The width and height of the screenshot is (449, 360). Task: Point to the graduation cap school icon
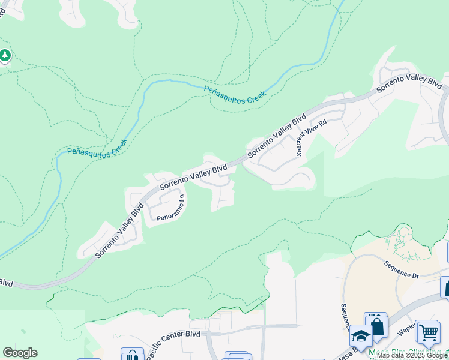pos(361,337)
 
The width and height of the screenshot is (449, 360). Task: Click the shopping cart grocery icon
pos(428,331)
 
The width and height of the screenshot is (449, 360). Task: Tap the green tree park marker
pos(5,56)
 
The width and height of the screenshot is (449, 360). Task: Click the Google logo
pos(20,353)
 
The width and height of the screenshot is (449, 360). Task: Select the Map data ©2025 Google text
pos(412,356)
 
